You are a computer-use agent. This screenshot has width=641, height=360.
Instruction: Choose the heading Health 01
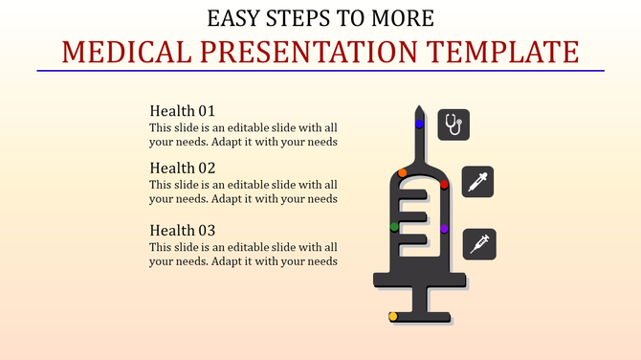pyautogui.click(x=183, y=111)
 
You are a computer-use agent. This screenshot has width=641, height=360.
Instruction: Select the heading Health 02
pyautogui.click(x=183, y=168)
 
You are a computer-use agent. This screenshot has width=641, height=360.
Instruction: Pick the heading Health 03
pyautogui.click(x=183, y=231)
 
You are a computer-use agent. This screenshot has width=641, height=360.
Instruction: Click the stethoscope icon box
pyautogui.click(x=453, y=124)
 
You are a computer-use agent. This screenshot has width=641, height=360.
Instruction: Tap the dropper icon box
pyautogui.click(x=477, y=182)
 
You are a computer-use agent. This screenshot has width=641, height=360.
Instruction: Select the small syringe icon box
pyautogui.click(x=477, y=243)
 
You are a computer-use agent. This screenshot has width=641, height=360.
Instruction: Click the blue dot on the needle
pyautogui.click(x=419, y=124)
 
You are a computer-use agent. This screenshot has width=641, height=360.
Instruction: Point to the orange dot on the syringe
pyautogui.click(x=402, y=173)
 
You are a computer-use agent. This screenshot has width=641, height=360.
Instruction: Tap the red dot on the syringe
pyautogui.click(x=445, y=184)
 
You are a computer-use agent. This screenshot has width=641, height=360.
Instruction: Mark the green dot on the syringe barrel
pyautogui.click(x=394, y=227)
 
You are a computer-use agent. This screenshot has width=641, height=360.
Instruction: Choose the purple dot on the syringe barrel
pyautogui.click(x=444, y=229)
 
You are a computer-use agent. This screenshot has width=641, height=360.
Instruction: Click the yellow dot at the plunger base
pyautogui.click(x=393, y=316)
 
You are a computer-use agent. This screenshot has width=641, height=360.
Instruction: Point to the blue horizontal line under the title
pyautogui.click(x=320, y=71)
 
